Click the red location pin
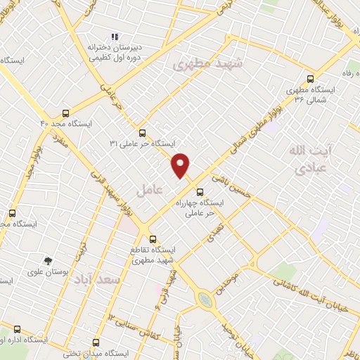coord(181,165)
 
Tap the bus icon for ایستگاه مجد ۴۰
coord(65,112)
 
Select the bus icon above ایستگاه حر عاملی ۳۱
coord(143,132)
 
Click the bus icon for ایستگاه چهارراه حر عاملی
coord(200,191)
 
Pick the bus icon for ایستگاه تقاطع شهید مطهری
coord(154,238)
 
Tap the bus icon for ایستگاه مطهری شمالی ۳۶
coord(311,79)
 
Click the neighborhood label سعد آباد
coord(102,280)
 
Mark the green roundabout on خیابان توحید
coord(204,300)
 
